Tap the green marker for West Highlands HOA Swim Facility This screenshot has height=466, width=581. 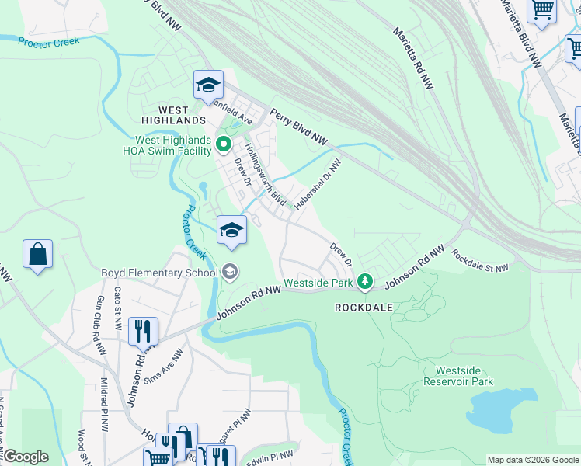pyautogui.click(x=223, y=144)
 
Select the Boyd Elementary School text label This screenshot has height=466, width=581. pyautogui.click(x=160, y=273)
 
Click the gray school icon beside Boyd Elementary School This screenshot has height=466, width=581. pyautogui.click(x=231, y=272)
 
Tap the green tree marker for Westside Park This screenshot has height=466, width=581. pyautogui.click(x=365, y=283)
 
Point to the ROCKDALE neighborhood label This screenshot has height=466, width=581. pyautogui.click(x=364, y=308)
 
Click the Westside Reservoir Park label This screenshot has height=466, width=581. pyautogui.click(x=464, y=376)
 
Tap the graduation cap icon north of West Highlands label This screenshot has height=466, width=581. pyautogui.click(x=208, y=85)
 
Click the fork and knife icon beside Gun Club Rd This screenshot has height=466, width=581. pyautogui.click(x=144, y=331)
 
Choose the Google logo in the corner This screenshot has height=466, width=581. pyautogui.click(x=26, y=457)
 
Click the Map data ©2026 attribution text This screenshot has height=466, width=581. pyautogui.click(x=531, y=460)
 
